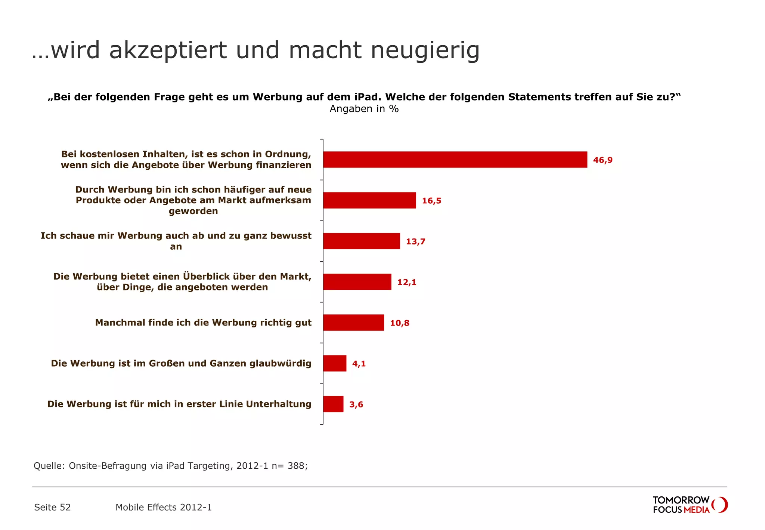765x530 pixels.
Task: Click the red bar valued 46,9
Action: click(x=455, y=160)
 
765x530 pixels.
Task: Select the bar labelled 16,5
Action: click(x=369, y=200)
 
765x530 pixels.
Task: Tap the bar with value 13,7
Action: click(x=361, y=241)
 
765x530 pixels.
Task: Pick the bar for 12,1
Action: click(x=357, y=282)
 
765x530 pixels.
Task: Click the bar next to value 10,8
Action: click(x=353, y=323)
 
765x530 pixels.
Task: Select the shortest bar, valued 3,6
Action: click(x=333, y=404)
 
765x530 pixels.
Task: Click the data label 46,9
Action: click(x=603, y=160)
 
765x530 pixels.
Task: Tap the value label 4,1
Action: click(x=359, y=364)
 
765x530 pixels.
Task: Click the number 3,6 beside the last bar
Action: click(x=356, y=404)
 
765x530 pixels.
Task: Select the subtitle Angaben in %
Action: click(x=364, y=109)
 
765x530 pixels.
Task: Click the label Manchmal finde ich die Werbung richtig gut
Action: click(x=203, y=323)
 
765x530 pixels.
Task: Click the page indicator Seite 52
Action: click(x=52, y=507)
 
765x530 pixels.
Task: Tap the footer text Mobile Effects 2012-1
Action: click(x=163, y=507)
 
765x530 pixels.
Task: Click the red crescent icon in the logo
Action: click(x=721, y=505)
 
